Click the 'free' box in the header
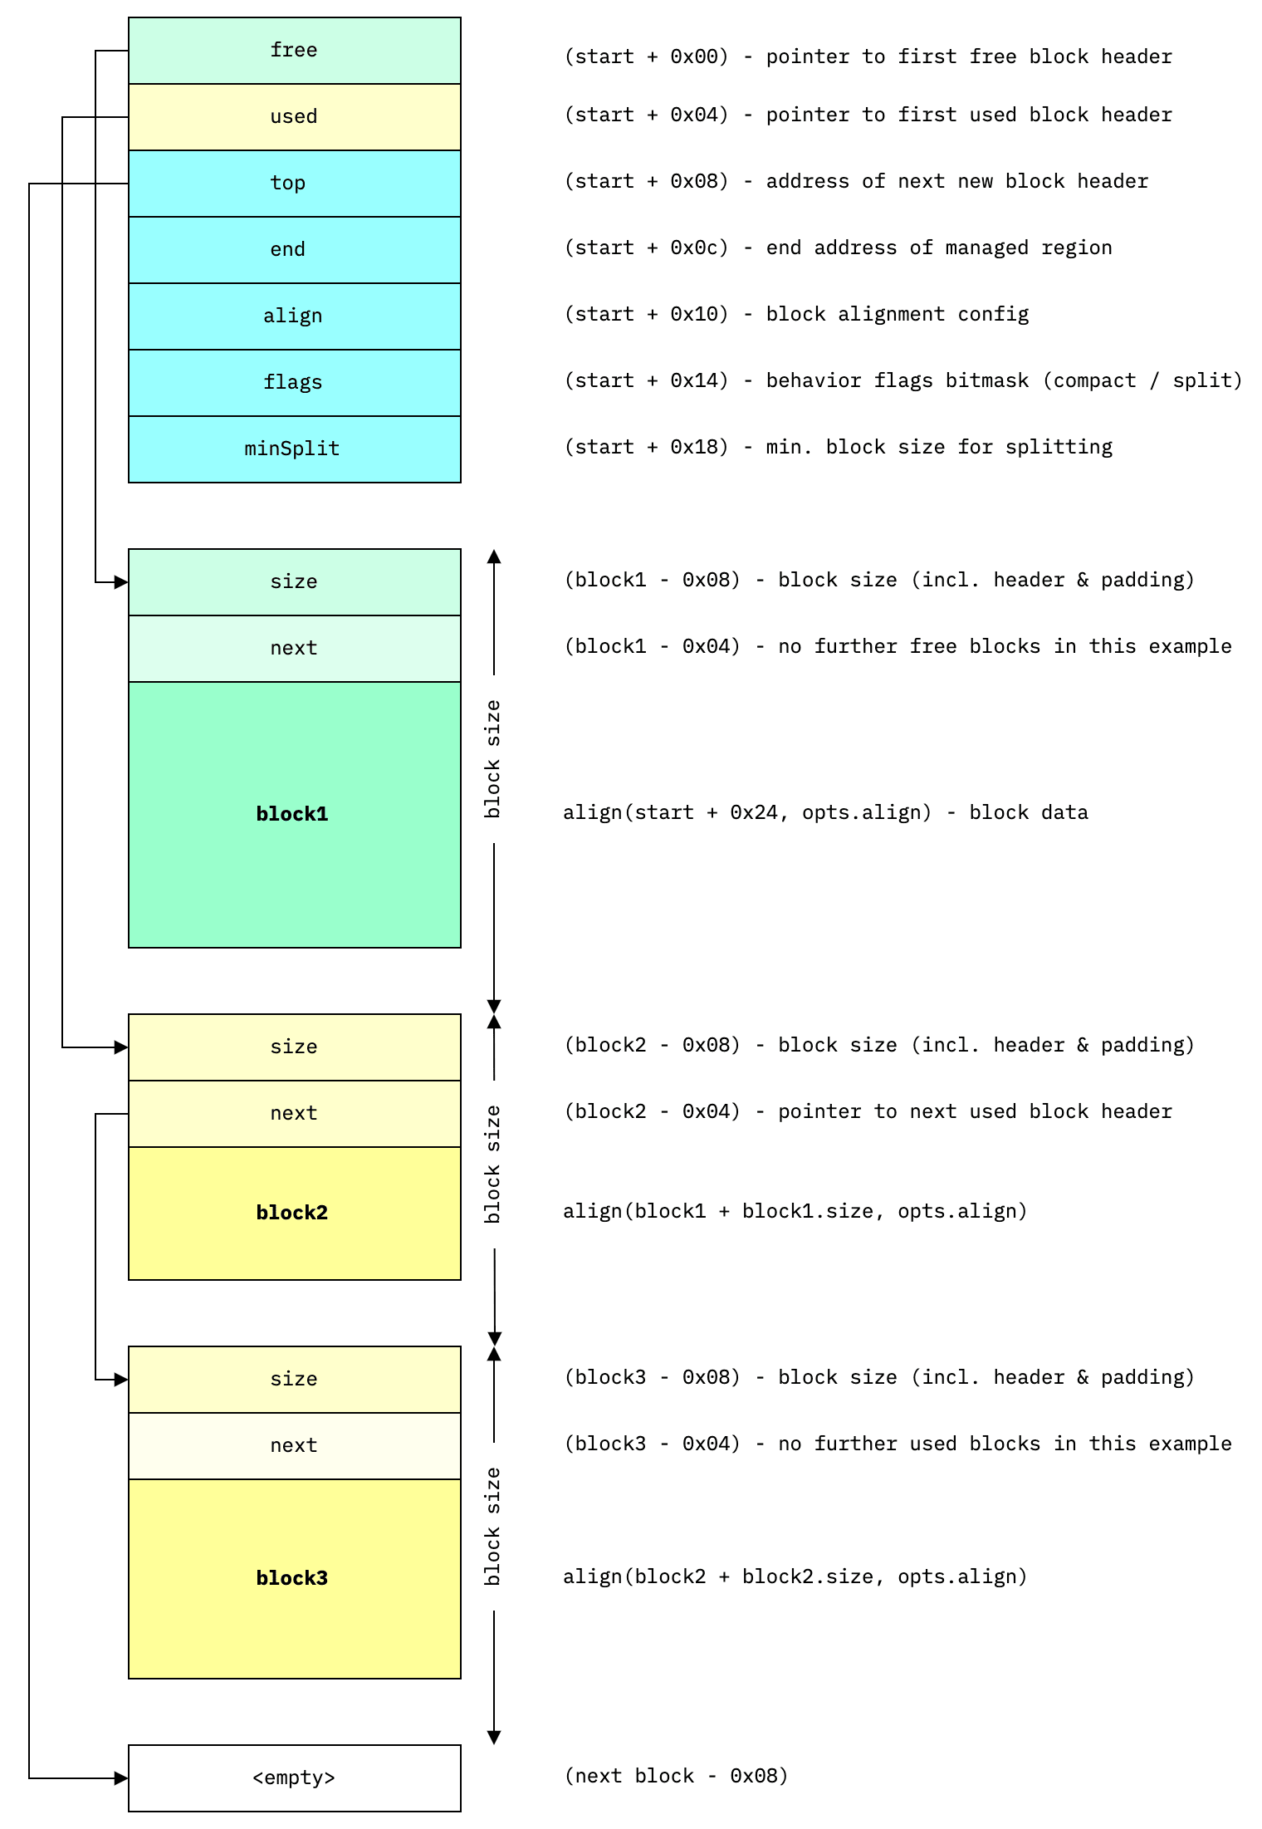[294, 51]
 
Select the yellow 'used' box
[294, 117]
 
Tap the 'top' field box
[294, 184]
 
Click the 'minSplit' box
[294, 449]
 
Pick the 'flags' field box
[294, 383]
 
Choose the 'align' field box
[294, 316]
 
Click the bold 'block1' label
[292, 814]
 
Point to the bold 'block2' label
[292, 1213]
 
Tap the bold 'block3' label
[292, 1578]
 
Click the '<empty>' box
[294, 1778]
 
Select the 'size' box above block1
[294, 582]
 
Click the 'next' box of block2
[294, 1114]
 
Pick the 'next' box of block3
[294, 1446]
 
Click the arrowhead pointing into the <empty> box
[121, 1778]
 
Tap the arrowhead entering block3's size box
[121, 1380]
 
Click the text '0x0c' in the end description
[693, 248]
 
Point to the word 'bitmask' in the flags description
[987, 380]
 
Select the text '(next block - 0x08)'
[676, 1776]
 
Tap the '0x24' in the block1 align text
[753, 812]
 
